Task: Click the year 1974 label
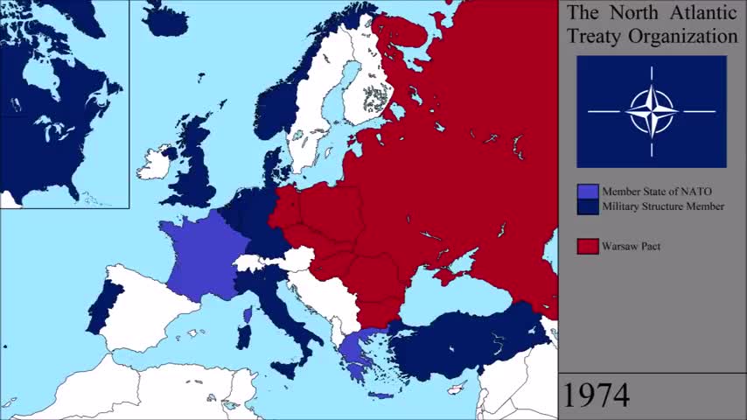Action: pos(595,395)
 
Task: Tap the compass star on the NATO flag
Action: pos(652,111)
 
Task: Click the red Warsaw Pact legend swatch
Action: pos(588,246)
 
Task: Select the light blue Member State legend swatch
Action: pos(588,192)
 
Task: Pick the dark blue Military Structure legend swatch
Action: pos(588,206)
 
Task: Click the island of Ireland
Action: pos(155,164)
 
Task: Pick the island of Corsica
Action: pos(248,313)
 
